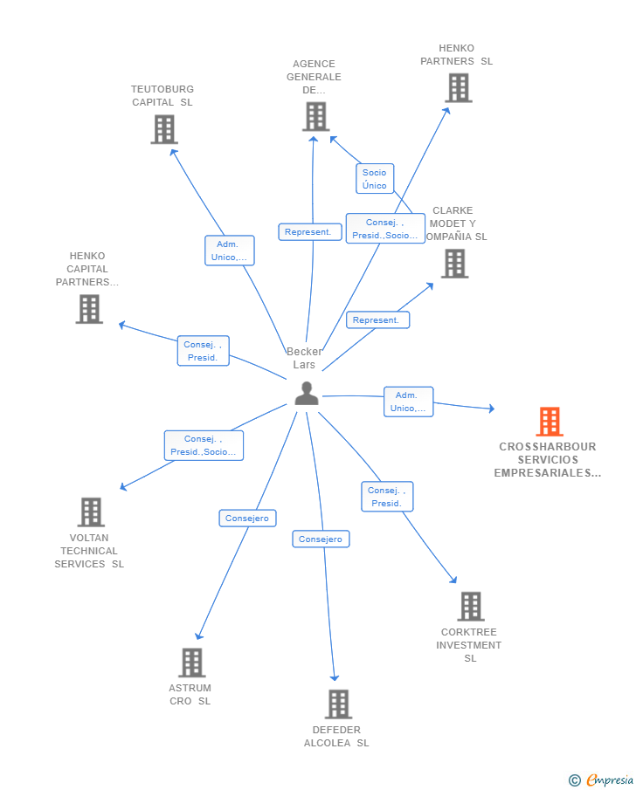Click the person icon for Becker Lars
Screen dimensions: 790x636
click(306, 394)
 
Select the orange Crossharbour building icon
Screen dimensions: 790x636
click(549, 422)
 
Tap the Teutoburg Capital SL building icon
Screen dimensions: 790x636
click(164, 129)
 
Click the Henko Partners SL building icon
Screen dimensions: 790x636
click(459, 88)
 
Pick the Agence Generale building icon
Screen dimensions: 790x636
click(315, 116)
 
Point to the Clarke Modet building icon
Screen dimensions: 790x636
click(454, 264)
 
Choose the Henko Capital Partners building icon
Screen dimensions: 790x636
click(89, 309)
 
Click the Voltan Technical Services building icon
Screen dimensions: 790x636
click(91, 512)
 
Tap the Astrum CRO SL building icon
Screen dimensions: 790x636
click(192, 663)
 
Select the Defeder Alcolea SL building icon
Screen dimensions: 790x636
click(338, 704)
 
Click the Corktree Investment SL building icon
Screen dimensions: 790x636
click(470, 606)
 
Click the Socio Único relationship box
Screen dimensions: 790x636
click(375, 179)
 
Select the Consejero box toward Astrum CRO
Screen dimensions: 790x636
click(247, 519)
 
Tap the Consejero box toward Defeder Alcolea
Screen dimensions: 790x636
click(321, 539)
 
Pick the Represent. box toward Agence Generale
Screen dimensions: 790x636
click(310, 232)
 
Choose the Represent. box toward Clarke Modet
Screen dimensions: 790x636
click(377, 320)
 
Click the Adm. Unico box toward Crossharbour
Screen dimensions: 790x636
click(408, 402)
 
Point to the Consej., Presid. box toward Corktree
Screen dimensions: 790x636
click(387, 497)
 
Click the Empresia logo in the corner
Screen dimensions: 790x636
click(602, 780)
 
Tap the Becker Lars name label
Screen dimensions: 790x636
click(304, 358)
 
